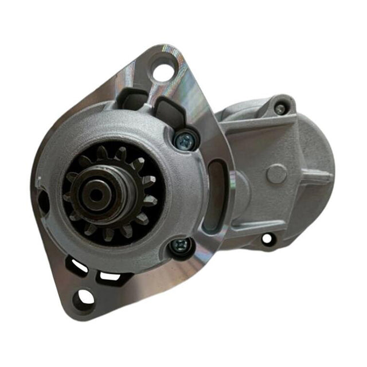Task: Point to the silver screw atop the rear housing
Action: click(x=279, y=108)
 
